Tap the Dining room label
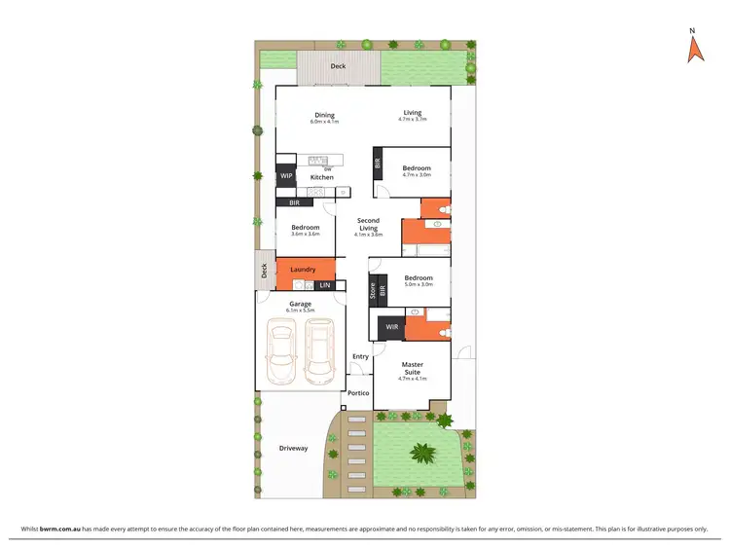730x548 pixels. [x=324, y=115]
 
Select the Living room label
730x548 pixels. [x=413, y=113]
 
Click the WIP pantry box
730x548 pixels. [x=287, y=177]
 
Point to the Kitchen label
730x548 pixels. [x=322, y=177]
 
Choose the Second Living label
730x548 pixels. [x=368, y=228]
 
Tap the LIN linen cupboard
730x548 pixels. [x=325, y=285]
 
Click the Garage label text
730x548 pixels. [x=300, y=304]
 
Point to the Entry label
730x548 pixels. [x=360, y=356]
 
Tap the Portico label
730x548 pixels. [x=358, y=392]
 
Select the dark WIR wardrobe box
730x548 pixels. [x=391, y=328]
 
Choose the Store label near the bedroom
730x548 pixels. [x=373, y=289]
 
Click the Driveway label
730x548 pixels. [x=293, y=448]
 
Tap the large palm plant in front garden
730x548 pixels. [x=423, y=452]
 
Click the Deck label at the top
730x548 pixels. [x=338, y=66]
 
